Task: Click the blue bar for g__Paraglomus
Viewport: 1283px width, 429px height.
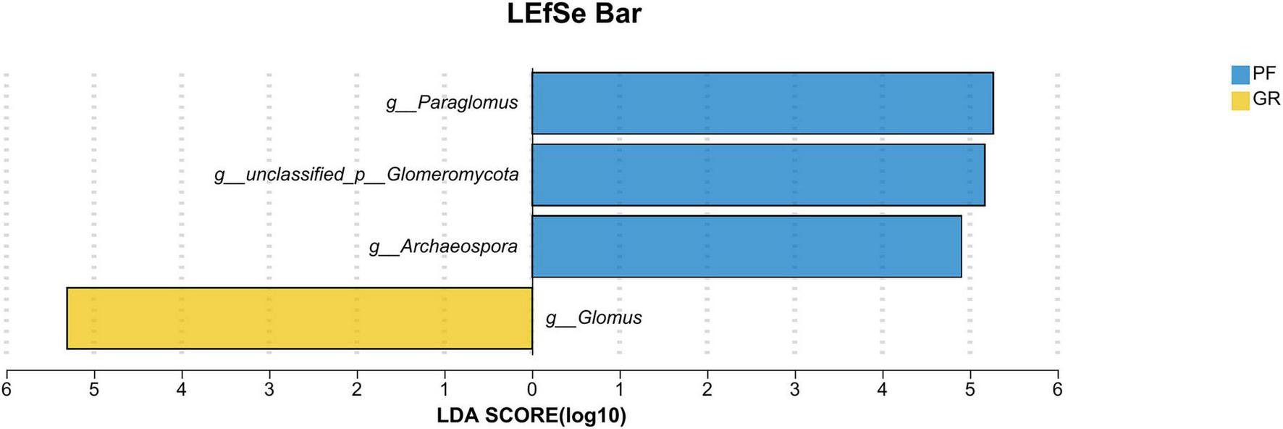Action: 762,103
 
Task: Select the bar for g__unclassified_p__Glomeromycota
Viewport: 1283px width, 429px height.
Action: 757,175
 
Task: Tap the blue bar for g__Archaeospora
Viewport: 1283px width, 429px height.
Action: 746,246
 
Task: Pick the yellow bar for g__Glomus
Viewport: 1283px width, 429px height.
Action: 299,318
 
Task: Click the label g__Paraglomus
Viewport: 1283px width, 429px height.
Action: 452,103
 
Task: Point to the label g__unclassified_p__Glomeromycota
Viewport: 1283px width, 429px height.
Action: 366,175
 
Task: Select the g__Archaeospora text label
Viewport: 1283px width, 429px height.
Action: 443,246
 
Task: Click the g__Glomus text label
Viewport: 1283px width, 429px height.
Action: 594,318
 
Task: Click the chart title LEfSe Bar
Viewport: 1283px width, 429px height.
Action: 573,14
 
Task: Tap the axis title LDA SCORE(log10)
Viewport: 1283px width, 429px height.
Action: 531,415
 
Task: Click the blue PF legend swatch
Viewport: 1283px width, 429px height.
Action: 1240,75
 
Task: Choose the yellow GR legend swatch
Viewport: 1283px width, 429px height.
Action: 1240,100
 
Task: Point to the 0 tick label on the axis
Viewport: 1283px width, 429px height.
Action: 532,390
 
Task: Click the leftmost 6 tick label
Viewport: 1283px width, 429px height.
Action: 7,390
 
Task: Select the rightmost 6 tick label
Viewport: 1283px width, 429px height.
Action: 1057,390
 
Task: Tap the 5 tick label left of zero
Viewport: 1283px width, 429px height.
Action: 94,390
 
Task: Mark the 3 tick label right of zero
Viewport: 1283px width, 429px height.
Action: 795,390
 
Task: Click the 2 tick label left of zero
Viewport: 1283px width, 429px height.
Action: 357,390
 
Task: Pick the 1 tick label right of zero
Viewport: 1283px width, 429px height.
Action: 620,390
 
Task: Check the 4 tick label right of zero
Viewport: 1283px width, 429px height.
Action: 883,390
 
